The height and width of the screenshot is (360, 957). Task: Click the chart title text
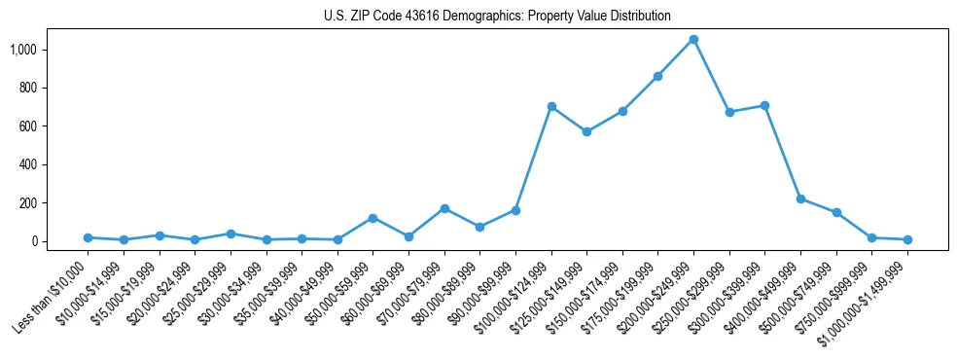[497, 16]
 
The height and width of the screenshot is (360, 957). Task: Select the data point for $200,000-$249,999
[693, 40]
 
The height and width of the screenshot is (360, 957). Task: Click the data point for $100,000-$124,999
[551, 106]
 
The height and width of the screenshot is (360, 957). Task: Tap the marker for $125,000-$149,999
[586, 131]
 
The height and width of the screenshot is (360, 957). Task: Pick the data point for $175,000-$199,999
[657, 76]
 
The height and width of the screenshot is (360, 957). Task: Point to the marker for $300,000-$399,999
[764, 105]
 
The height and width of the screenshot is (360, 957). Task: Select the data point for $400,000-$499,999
[800, 198]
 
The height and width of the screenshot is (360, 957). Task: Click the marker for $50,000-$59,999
[372, 218]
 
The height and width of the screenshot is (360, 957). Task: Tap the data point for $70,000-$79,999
[444, 208]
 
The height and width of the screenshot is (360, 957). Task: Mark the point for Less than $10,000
[88, 237]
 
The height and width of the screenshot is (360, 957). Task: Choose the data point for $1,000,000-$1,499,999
[907, 239]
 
